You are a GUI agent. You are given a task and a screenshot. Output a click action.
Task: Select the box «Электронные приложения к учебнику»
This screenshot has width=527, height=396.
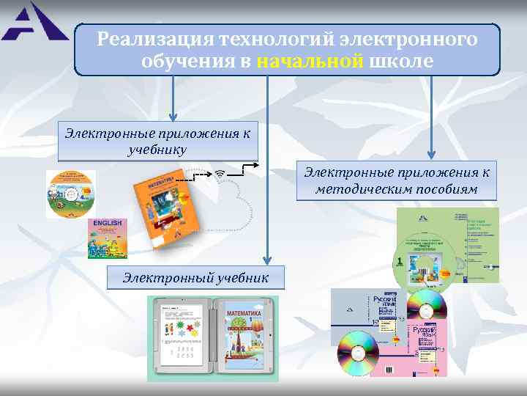coord(158,141)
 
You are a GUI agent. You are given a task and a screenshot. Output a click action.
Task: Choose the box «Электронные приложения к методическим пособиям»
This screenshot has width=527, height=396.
coord(397,180)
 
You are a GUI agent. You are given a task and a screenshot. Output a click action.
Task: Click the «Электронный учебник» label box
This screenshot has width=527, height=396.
coord(195,278)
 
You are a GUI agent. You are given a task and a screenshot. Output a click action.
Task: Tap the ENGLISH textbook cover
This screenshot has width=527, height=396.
coord(107,238)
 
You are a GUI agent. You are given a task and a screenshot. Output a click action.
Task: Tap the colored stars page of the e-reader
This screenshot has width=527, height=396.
coord(179,337)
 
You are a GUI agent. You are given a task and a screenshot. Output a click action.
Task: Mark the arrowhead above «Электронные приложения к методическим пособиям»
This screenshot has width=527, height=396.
coord(431,154)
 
